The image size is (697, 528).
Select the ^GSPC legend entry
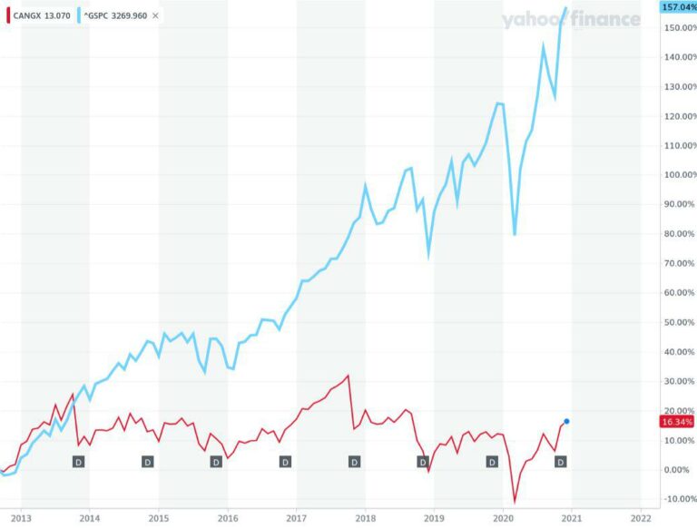[x=113, y=15]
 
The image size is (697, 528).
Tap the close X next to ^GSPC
[x=155, y=15]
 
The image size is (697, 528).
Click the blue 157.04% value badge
[x=679, y=7]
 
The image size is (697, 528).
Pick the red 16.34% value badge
[x=679, y=422]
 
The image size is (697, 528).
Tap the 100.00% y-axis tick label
[x=679, y=175]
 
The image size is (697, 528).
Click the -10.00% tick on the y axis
[x=679, y=499]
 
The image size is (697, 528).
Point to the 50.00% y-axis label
[x=679, y=322]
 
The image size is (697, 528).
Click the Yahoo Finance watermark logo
[x=571, y=19]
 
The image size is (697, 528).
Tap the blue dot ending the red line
[x=566, y=421]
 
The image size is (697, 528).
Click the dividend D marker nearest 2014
[x=78, y=462]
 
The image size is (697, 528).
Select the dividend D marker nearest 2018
[x=354, y=462]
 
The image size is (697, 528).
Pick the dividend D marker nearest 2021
[x=560, y=462]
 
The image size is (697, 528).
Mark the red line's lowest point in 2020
[x=515, y=502]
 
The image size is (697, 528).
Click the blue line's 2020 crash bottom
[x=515, y=235]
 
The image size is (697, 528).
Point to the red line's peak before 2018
[x=348, y=375]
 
